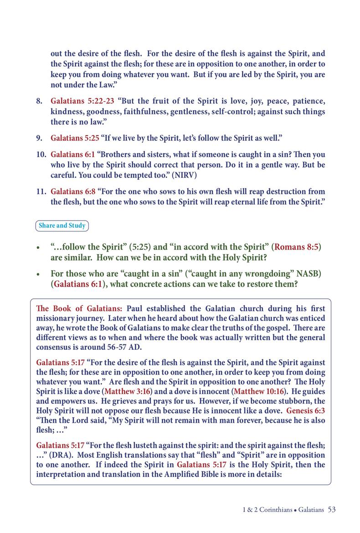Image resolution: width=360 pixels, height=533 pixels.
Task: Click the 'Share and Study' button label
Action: pos(62,225)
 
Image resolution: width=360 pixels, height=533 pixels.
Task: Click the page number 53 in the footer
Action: pos(331,509)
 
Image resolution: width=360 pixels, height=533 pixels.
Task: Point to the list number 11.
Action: pos(41,192)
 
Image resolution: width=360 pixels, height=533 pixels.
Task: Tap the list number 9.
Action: pos(39,137)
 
